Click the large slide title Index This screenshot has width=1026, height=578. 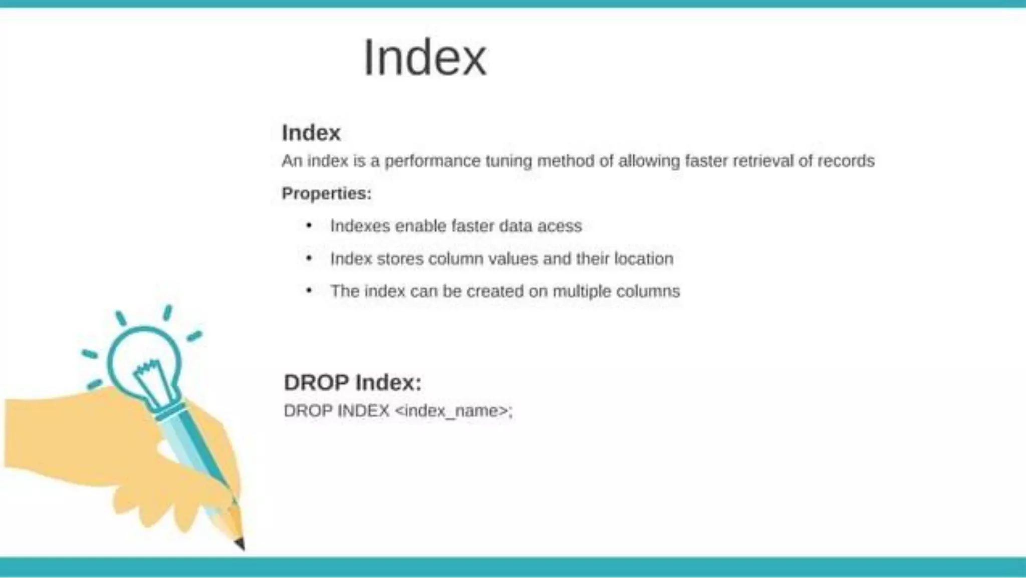click(x=424, y=58)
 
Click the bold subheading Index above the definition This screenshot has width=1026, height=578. click(x=311, y=133)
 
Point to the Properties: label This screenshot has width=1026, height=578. click(x=327, y=194)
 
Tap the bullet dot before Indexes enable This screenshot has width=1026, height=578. click(x=309, y=226)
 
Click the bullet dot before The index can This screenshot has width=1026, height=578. click(x=309, y=291)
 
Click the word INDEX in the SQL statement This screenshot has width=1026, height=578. click(x=363, y=411)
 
